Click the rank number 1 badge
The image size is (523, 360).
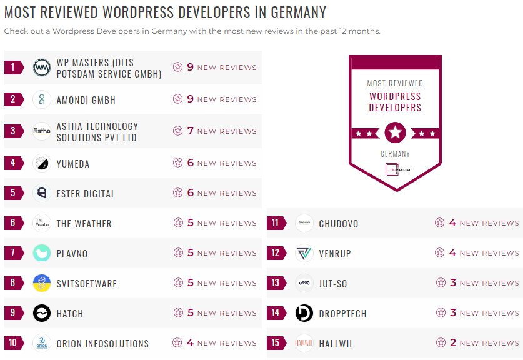point(13,67)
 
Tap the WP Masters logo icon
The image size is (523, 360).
point(42,67)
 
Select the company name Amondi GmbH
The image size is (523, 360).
point(86,100)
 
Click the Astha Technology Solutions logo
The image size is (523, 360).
point(42,131)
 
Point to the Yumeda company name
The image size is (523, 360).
point(73,164)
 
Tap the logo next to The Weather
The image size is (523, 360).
point(42,223)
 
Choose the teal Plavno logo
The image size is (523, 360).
point(42,253)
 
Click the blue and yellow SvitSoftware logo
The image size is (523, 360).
point(42,283)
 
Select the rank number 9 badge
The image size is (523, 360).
point(13,313)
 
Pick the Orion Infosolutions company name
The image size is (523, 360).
point(102,344)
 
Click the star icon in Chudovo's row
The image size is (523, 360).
point(440,223)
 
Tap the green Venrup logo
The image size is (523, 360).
point(304,253)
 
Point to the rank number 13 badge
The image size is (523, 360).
point(276,283)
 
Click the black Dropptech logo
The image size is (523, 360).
point(304,313)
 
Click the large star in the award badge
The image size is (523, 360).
point(395,132)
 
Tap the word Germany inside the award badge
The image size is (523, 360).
point(395,154)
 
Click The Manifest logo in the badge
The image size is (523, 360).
point(395,169)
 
